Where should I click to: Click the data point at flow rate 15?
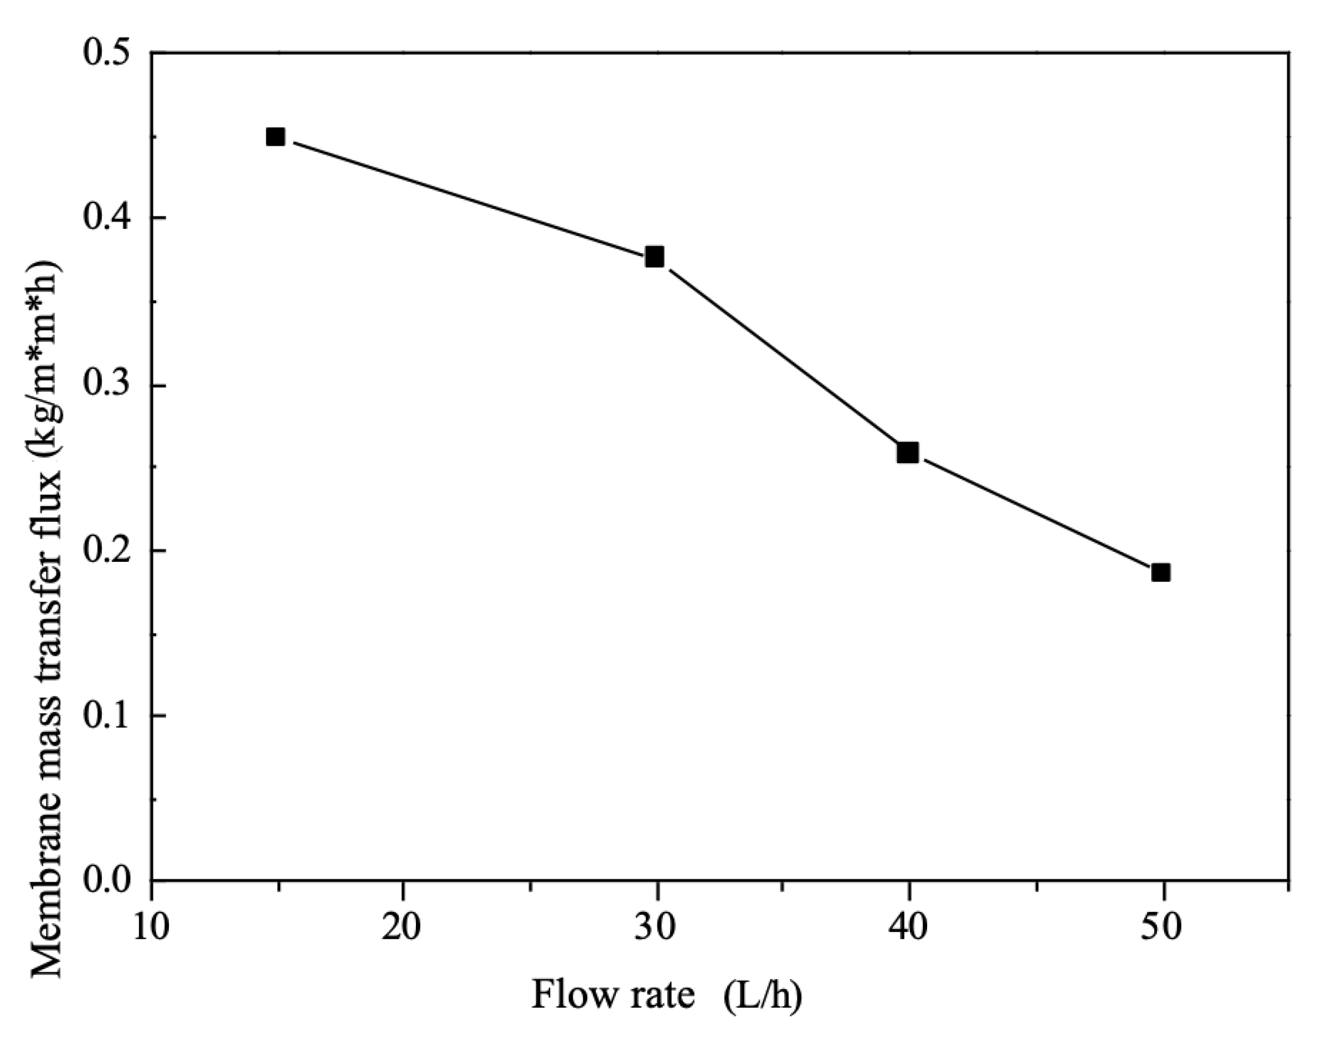click(x=276, y=137)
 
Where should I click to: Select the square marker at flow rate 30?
click(x=655, y=257)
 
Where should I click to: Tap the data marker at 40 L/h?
click(x=908, y=453)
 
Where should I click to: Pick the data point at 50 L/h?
click(x=1161, y=572)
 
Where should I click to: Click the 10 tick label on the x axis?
click(x=152, y=927)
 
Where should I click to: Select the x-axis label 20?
click(x=403, y=927)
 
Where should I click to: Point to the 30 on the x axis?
click(x=656, y=927)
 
